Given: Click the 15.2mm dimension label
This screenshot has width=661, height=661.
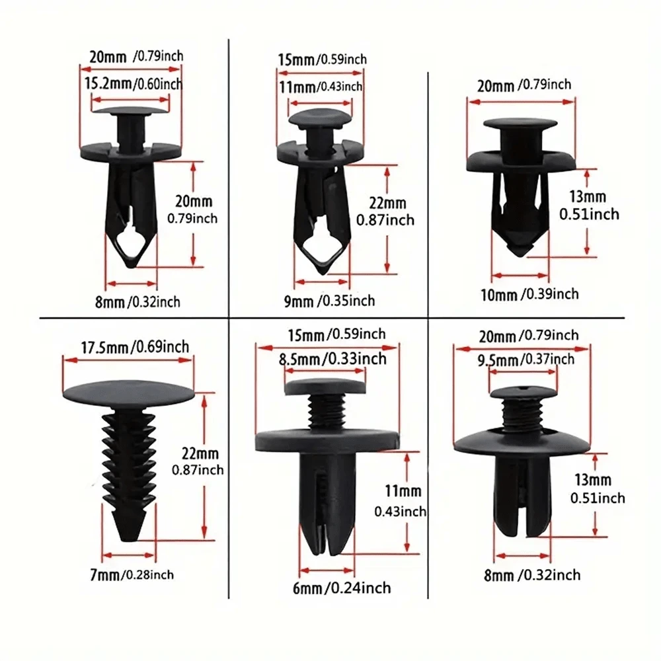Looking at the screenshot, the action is coord(108,83).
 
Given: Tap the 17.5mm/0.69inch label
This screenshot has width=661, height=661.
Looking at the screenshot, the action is coord(135,348).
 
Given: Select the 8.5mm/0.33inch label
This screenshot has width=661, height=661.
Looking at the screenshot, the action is coord(332,359).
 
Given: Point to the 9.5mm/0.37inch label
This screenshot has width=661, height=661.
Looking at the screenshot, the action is coord(525,360).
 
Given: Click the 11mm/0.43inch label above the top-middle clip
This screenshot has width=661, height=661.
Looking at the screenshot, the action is coord(321,87).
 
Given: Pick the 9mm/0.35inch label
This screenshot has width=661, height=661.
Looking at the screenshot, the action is coord(329,301).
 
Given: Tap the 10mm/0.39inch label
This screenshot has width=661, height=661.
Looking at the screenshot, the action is coord(529,294).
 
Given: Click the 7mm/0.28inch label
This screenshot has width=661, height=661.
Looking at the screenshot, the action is coord(132,574).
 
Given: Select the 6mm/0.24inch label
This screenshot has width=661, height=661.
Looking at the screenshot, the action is coord(342,588).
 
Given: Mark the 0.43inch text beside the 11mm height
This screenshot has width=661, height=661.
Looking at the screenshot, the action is coord(400,512).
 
